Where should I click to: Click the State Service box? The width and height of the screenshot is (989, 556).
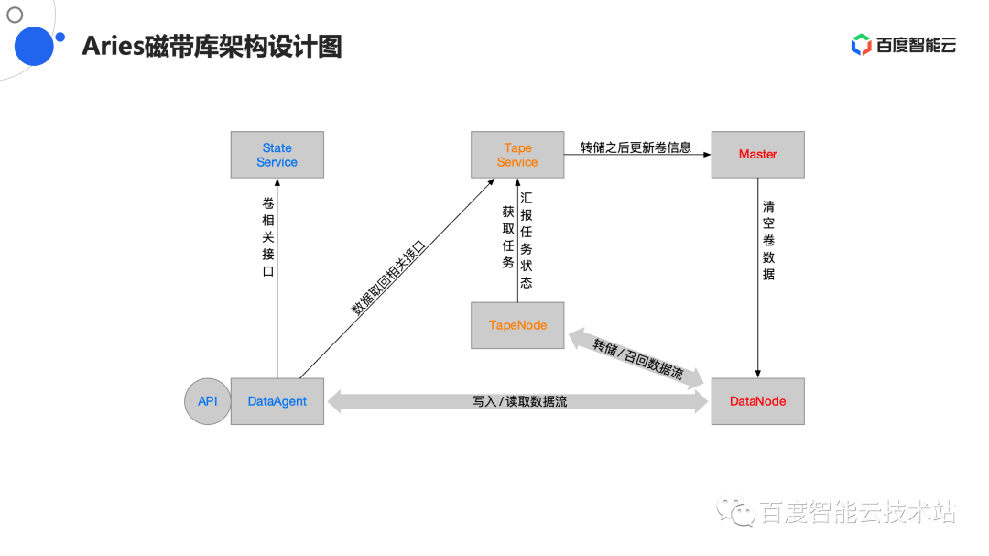click(277, 155)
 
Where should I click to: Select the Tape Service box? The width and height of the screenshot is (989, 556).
click(517, 155)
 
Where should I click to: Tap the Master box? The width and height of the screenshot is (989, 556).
click(757, 155)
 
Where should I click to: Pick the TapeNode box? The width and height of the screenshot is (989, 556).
click(517, 325)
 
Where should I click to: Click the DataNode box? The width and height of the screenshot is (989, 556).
click(757, 401)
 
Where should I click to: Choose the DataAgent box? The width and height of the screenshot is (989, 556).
click(277, 401)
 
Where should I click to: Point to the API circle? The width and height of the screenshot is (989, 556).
click(208, 401)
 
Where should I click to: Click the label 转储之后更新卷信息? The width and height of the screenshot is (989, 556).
click(636, 147)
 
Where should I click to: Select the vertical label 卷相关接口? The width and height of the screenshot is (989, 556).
click(267, 237)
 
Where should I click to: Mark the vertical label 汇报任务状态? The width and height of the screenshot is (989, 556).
click(526, 241)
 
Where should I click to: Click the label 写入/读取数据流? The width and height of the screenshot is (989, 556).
click(519, 401)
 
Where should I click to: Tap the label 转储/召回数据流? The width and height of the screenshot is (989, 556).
click(637, 358)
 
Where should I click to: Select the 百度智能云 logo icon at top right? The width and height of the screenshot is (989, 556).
click(861, 45)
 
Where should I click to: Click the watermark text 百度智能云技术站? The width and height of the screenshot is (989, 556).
click(857, 513)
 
